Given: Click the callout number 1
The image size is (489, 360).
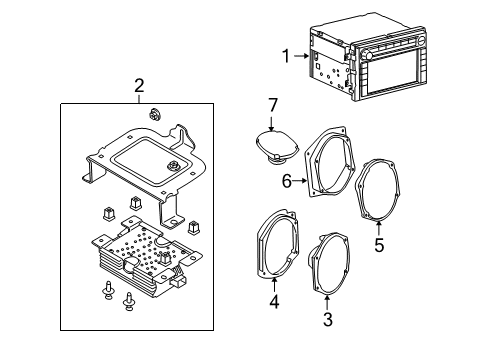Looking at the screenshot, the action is [286, 56].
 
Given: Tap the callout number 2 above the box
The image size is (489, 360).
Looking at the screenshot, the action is [139, 86].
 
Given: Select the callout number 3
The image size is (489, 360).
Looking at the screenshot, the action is [328, 319].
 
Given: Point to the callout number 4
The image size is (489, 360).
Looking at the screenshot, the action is [274, 302].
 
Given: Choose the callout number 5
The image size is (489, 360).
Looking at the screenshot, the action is [379, 245].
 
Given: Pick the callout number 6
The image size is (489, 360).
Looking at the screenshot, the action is [287, 181].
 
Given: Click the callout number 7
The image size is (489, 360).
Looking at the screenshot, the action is [273, 105].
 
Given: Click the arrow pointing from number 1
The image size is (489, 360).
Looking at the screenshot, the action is [302, 56].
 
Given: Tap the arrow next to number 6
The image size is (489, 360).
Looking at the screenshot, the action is [300, 181].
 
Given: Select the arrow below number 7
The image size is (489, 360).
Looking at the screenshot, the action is [272, 123].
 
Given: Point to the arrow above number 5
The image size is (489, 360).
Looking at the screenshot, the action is [379, 228].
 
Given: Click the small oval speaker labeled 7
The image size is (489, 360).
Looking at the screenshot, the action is [277, 147].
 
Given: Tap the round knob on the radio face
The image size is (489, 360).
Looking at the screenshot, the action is [367, 54].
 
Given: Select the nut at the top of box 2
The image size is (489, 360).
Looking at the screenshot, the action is [154, 114].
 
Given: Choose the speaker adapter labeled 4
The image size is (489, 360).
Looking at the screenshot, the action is [278, 243].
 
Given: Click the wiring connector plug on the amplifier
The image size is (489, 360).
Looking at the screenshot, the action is [178, 283].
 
